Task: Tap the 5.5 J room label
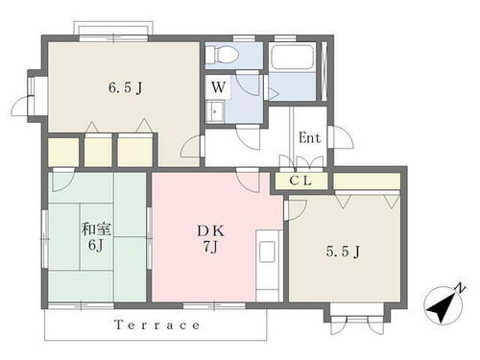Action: tap(343, 252)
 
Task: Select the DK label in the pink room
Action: tap(213, 231)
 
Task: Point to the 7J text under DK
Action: tap(213, 249)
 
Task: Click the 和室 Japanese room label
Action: tap(94, 229)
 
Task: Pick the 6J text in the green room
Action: tap(94, 247)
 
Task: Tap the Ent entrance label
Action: tap(309, 138)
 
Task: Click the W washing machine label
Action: tap(218, 85)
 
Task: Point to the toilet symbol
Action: tap(222, 54)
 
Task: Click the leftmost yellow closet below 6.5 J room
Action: tap(63, 151)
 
